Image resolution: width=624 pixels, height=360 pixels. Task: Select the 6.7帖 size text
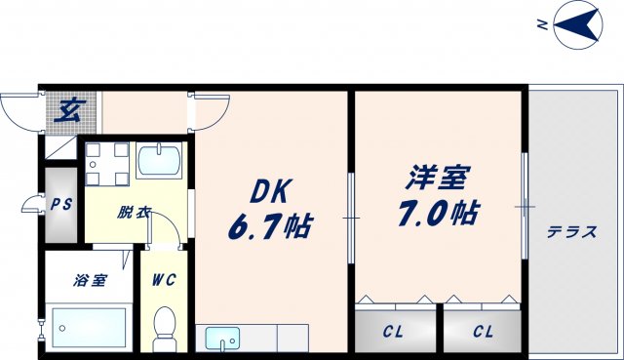coord(271,228)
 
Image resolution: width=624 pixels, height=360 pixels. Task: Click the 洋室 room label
coord(439,179)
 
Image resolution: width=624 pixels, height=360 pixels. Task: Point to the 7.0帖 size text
coord(440,212)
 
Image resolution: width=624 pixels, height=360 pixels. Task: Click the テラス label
coord(572,232)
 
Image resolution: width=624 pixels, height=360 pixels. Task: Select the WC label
coord(164,281)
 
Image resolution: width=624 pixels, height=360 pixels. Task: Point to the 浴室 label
coord(89,281)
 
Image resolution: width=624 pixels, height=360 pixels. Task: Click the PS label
coord(60,206)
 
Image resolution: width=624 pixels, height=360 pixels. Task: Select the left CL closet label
coord(393,332)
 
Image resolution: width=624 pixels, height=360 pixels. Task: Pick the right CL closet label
coord(483,332)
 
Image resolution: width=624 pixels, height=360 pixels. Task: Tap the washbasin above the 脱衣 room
coord(161,159)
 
